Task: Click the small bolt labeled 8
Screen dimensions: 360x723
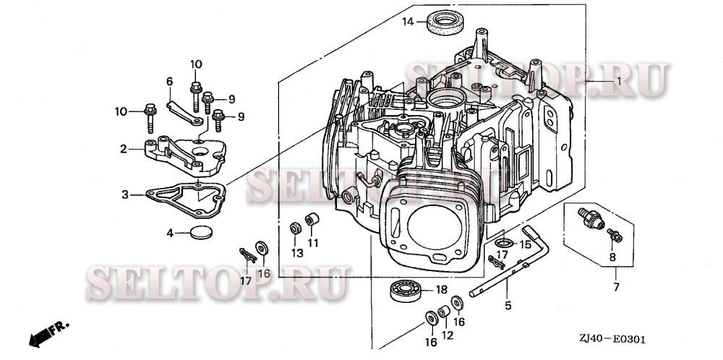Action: (x=613, y=234)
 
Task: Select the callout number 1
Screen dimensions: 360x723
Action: (x=618, y=82)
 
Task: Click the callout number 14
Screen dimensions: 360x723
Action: (x=408, y=22)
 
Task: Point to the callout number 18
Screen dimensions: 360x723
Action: (x=440, y=290)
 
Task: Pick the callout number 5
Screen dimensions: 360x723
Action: (x=508, y=306)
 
